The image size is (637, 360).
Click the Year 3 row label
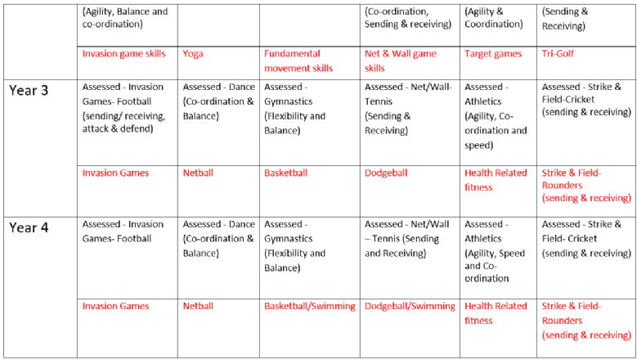click(29, 90)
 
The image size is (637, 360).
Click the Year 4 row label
click(29, 227)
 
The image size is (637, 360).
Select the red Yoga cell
click(193, 54)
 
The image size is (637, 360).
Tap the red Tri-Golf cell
click(558, 54)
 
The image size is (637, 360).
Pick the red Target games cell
click(492, 54)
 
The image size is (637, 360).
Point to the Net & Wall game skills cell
click(401, 61)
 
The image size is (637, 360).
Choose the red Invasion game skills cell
click(123, 54)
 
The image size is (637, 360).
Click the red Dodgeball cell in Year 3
click(386, 173)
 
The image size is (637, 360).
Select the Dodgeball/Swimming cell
click(410, 306)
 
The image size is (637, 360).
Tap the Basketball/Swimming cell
click(309, 306)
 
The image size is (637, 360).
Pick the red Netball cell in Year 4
click(198, 306)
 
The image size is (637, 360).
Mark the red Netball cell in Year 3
click(198, 173)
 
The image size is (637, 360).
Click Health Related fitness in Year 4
click(496, 313)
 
